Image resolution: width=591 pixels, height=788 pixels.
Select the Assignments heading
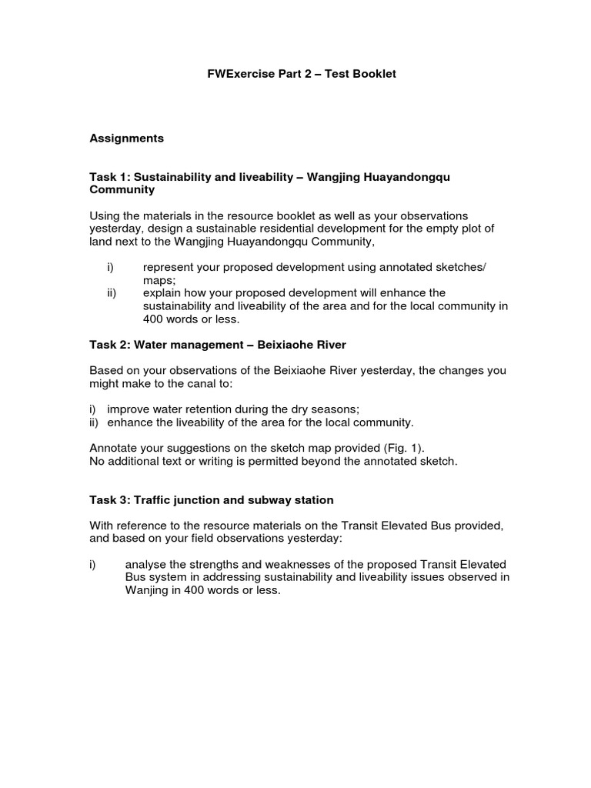pos(127,139)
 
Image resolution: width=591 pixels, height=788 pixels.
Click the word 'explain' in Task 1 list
pos(162,293)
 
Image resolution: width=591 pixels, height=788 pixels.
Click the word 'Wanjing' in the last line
pos(147,590)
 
